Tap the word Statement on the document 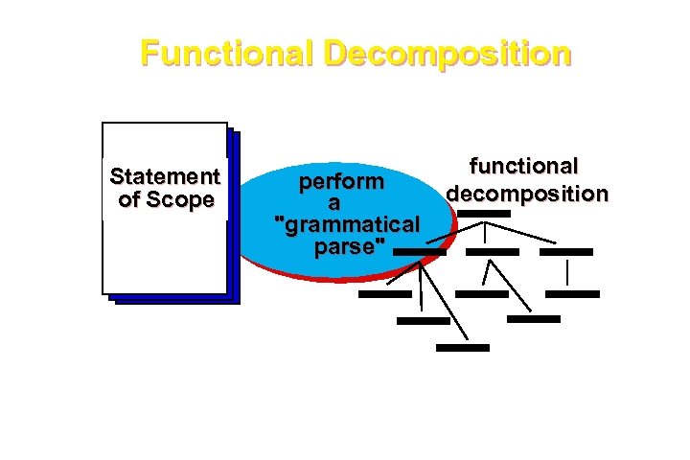165,176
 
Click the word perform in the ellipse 341,181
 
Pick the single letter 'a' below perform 333,203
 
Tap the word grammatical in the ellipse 347,225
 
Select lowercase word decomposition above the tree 526,194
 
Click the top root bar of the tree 484,213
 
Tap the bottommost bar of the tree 462,348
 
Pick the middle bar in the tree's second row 492,252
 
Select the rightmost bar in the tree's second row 566,252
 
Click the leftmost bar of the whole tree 384,294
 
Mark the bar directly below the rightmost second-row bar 573,294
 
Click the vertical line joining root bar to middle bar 485,232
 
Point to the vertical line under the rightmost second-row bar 567,272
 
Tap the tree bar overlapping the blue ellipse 419,252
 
